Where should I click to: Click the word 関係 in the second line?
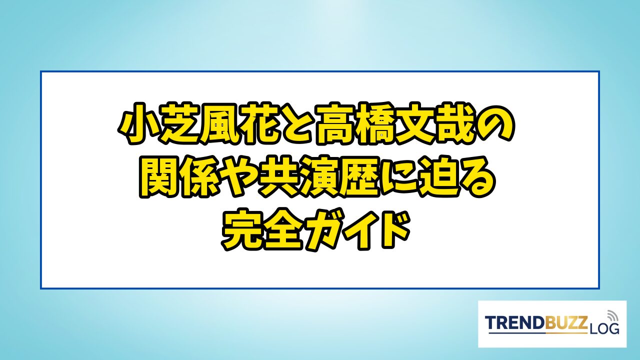[179, 177]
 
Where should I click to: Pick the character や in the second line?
[238, 177]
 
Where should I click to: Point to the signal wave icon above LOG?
[611, 315]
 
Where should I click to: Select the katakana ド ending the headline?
[394, 229]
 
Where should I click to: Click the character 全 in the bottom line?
[283, 229]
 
